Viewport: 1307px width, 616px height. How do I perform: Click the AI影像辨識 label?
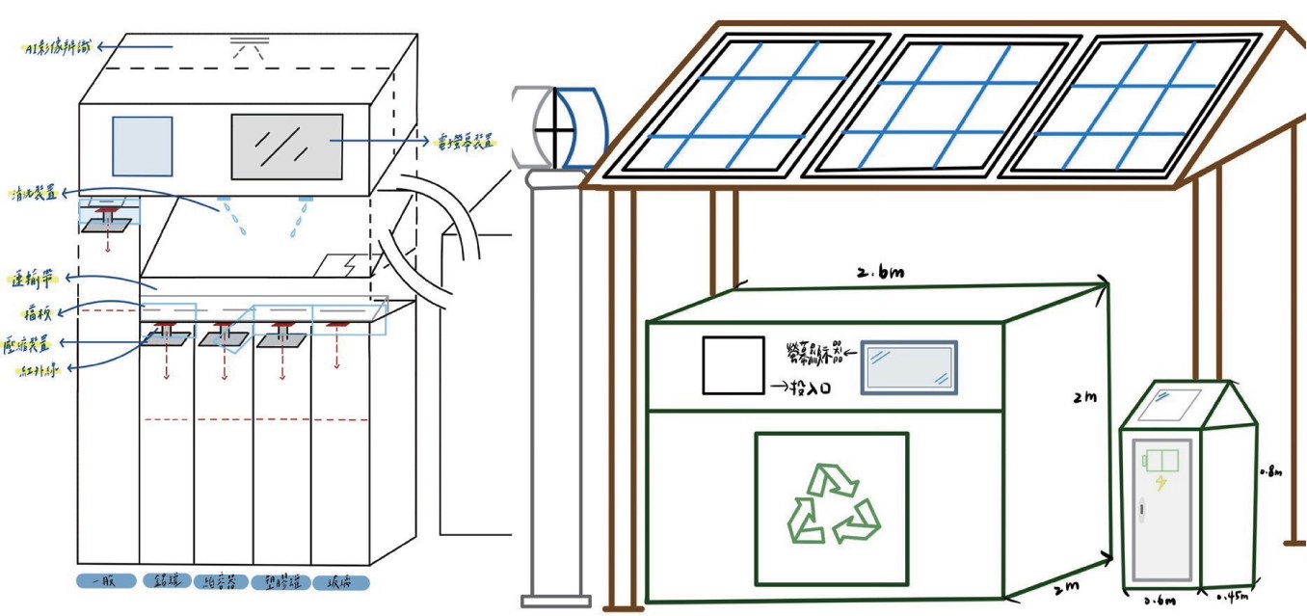(60, 45)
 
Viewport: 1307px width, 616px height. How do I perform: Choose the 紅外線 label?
(34, 371)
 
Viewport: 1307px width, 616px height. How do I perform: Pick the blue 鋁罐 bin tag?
(163, 581)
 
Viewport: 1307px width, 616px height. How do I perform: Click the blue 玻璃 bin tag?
(339, 582)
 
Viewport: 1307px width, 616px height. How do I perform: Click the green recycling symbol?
(832, 504)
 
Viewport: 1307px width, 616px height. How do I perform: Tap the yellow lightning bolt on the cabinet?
(1160, 482)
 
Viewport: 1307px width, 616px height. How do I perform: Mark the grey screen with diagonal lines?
(286, 147)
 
